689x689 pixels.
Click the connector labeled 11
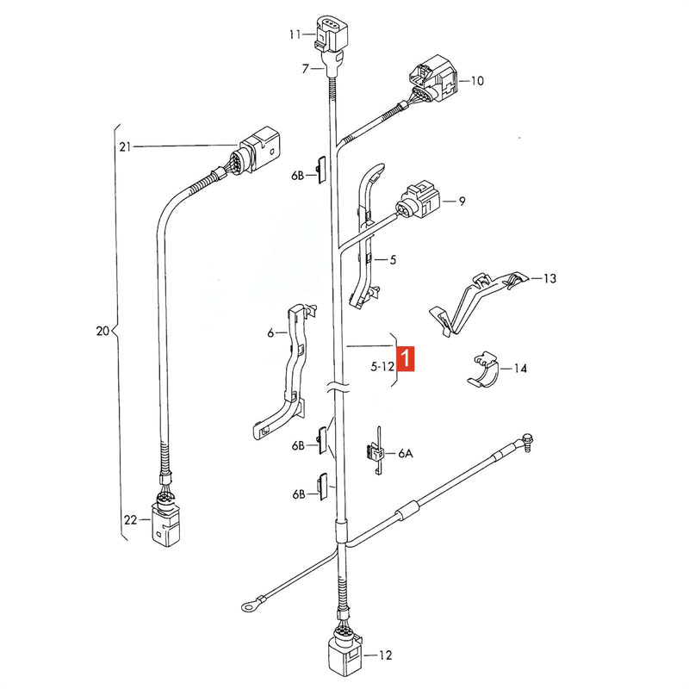(331, 34)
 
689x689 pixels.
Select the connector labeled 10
(434, 79)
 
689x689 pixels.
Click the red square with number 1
(406, 358)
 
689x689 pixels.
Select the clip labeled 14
(483, 370)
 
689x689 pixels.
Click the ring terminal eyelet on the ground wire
(251, 607)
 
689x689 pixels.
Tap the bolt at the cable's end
(527, 441)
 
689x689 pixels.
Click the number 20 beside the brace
(102, 331)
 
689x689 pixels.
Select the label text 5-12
(382, 366)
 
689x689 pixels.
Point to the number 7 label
(306, 69)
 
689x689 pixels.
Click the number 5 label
(393, 260)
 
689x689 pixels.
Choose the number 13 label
(549, 278)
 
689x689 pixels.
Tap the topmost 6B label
(297, 176)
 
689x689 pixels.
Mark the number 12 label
(385, 655)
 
